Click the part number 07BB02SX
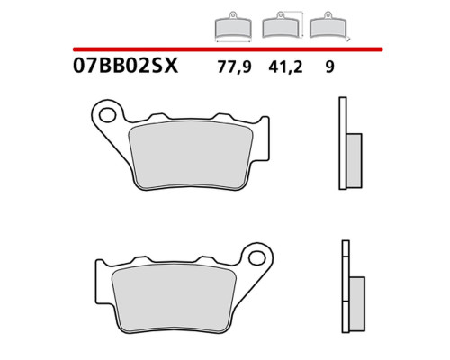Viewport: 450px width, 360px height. (x=125, y=66)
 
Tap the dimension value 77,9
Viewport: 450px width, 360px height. (x=234, y=67)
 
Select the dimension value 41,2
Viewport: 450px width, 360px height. (x=285, y=67)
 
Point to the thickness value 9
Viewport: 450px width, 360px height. (x=329, y=67)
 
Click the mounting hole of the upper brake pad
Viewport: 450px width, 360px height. (x=107, y=115)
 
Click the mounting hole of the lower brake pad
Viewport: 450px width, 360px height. (x=257, y=257)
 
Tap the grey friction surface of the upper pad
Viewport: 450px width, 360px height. (x=191, y=155)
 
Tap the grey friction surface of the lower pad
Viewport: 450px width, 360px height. (x=174, y=299)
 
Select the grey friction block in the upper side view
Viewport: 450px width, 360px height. (x=355, y=161)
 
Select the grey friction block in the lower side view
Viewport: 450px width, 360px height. (x=357, y=304)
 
